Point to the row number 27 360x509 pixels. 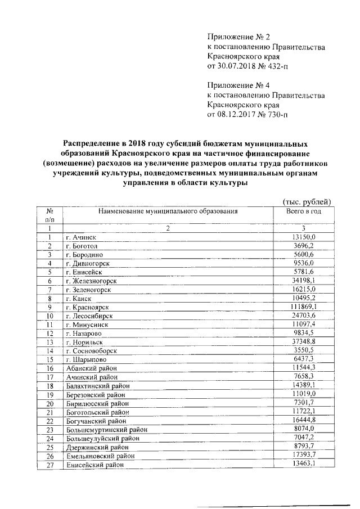pyautogui.click(x=49, y=465)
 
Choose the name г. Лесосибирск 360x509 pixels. pyautogui.click(x=89, y=316)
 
